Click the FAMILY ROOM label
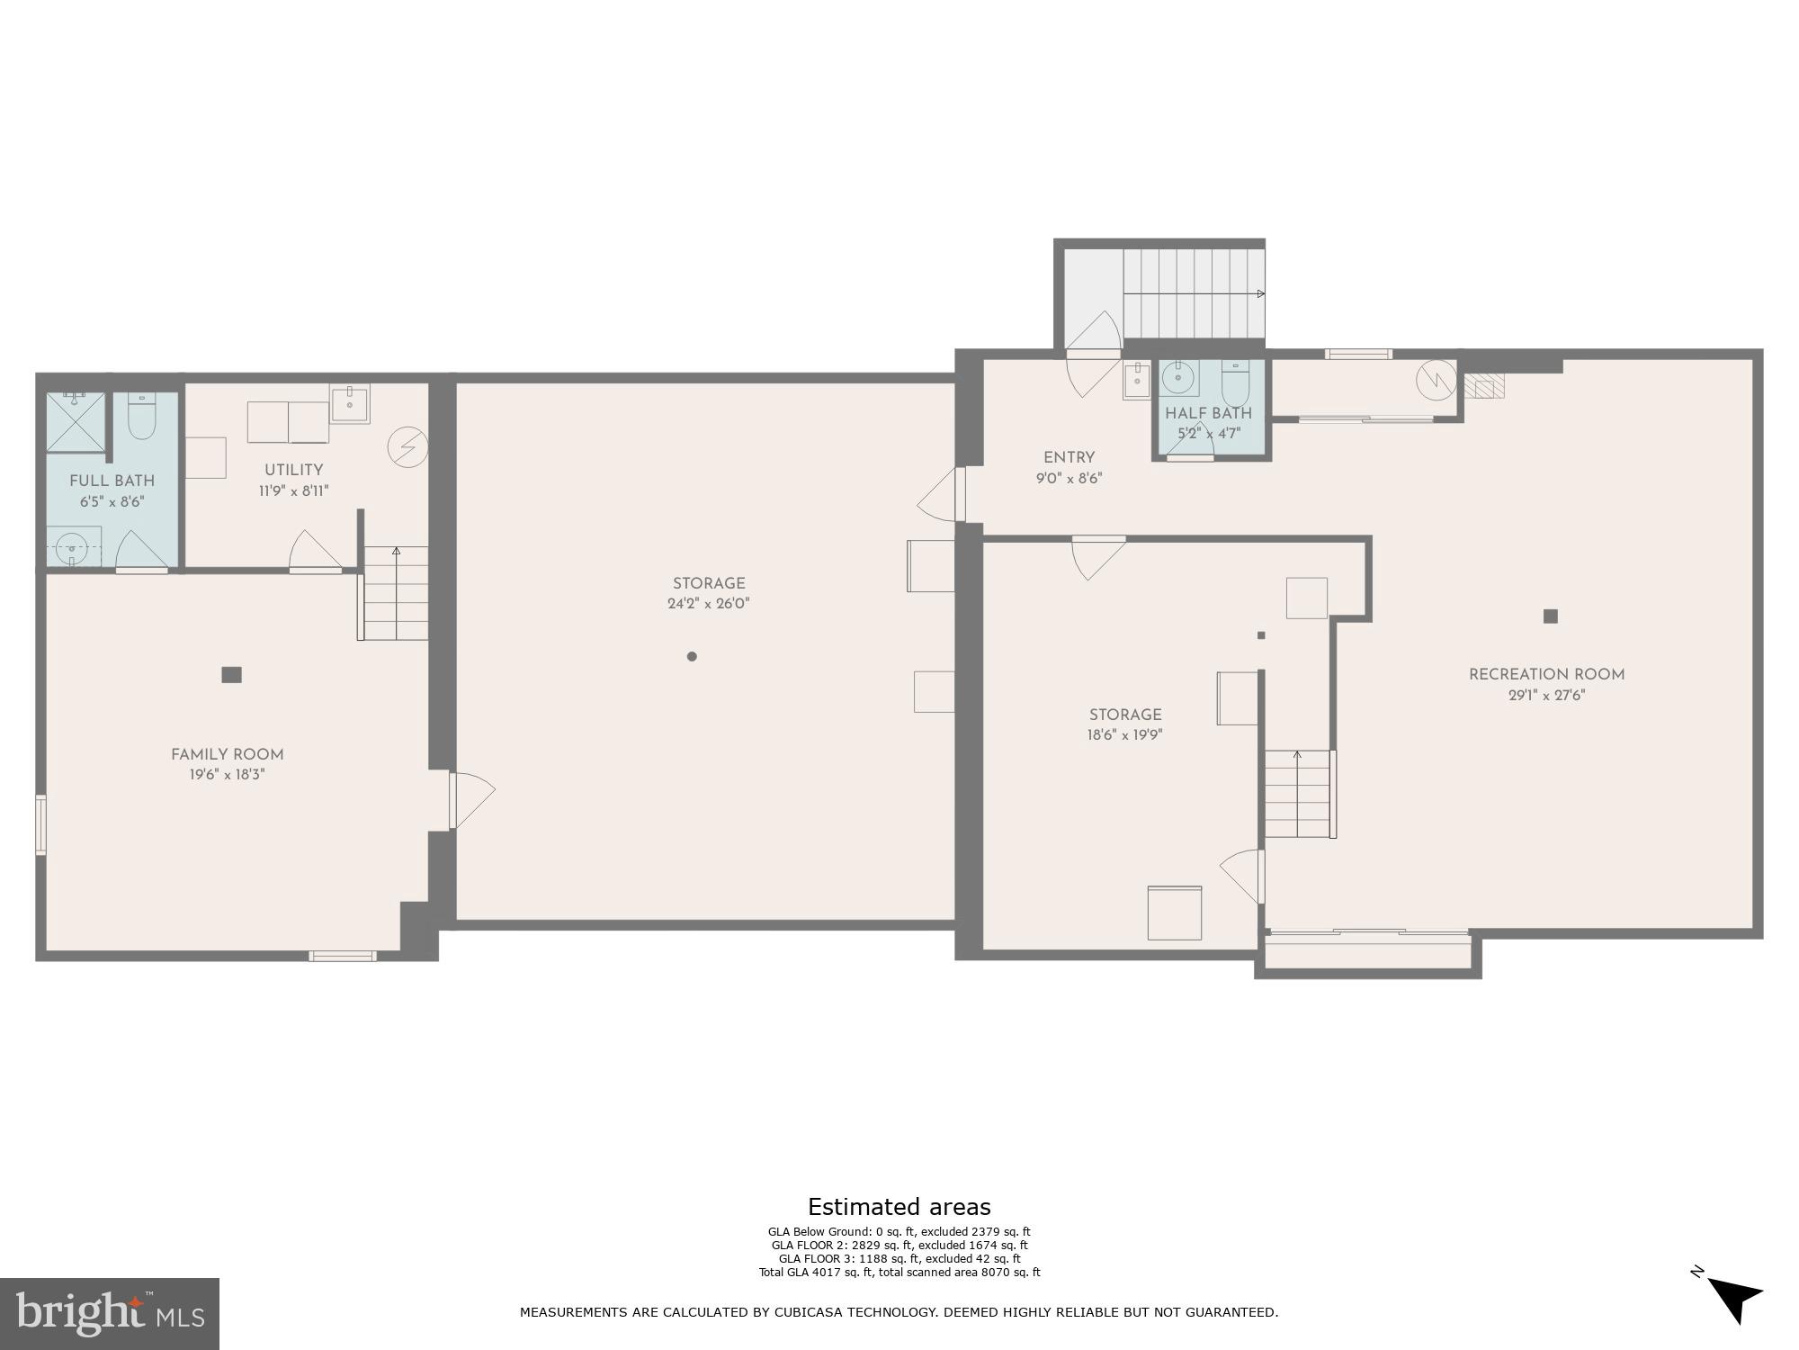[227, 755]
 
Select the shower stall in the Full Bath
[76, 421]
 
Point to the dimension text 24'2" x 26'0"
[708, 604]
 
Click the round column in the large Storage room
[692, 656]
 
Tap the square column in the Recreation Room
[1550, 616]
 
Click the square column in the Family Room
[231, 674]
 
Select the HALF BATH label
[1208, 414]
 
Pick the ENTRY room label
[1069, 458]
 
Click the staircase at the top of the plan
[1192, 293]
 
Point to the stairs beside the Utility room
[396, 593]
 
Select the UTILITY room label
[293, 470]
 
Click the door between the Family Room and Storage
[470, 801]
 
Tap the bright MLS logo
[110, 1313]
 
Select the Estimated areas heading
[899, 1207]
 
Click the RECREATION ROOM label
[1546, 674]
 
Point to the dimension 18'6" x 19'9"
[1124, 734]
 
